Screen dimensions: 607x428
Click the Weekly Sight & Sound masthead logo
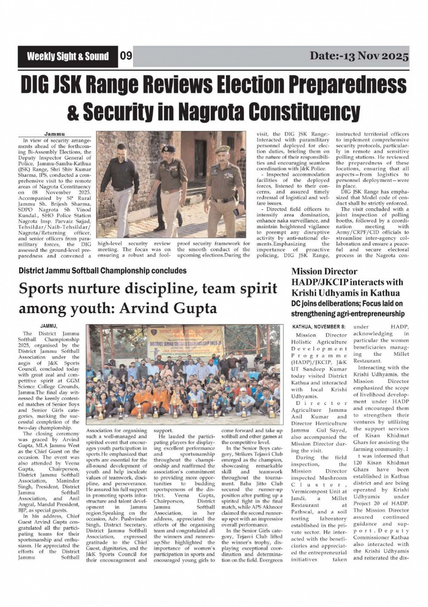(67, 57)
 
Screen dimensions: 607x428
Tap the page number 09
(126, 56)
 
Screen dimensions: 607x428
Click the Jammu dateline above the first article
(54, 134)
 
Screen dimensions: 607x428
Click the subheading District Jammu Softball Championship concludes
(102, 271)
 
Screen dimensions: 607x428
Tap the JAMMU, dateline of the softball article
(49, 326)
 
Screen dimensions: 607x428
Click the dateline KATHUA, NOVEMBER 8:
(319, 327)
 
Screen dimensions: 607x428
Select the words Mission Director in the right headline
(324, 272)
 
